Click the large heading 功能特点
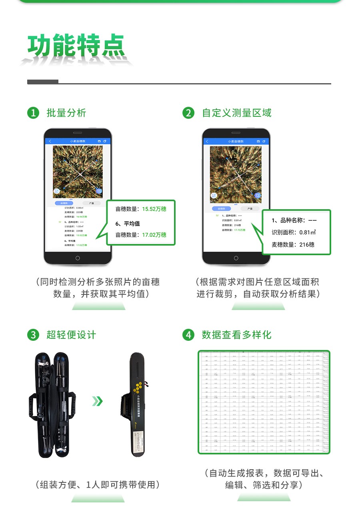point(76,46)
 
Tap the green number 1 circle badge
point(33,113)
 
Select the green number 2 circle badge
point(188,113)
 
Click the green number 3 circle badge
point(33,335)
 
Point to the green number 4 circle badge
point(188,335)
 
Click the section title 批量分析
point(66,113)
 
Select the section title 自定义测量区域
point(237,113)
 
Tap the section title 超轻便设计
point(71,335)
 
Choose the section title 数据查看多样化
point(237,335)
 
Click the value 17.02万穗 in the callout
point(154,235)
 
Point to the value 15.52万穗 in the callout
point(154,209)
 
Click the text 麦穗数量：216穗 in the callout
point(293,244)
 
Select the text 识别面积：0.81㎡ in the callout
point(294,232)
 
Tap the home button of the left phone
point(78,258)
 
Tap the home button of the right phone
point(236,258)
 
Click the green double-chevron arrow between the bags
point(97,401)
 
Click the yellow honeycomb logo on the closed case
point(138,387)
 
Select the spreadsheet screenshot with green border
point(264,402)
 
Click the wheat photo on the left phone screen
point(78,172)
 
